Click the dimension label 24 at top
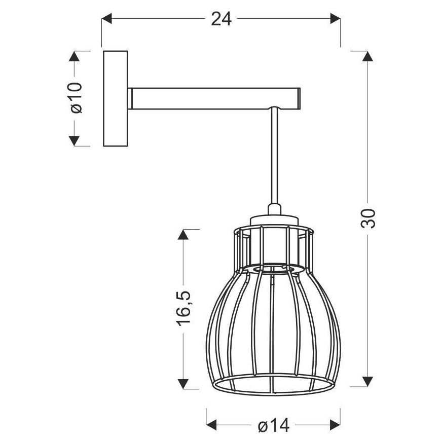click(221, 19)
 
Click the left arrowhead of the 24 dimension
click(107, 19)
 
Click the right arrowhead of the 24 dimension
click(335, 19)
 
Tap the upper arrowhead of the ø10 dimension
click(75, 56)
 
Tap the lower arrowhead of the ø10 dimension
click(75, 140)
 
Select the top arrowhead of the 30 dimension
click(369, 56)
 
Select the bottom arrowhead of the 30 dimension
click(369, 380)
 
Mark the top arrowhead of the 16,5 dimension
click(184, 235)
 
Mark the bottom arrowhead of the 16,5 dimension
click(184, 380)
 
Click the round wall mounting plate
click(116, 98)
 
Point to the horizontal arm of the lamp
click(213, 98)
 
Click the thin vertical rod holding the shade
click(274, 157)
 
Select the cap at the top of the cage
click(274, 219)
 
